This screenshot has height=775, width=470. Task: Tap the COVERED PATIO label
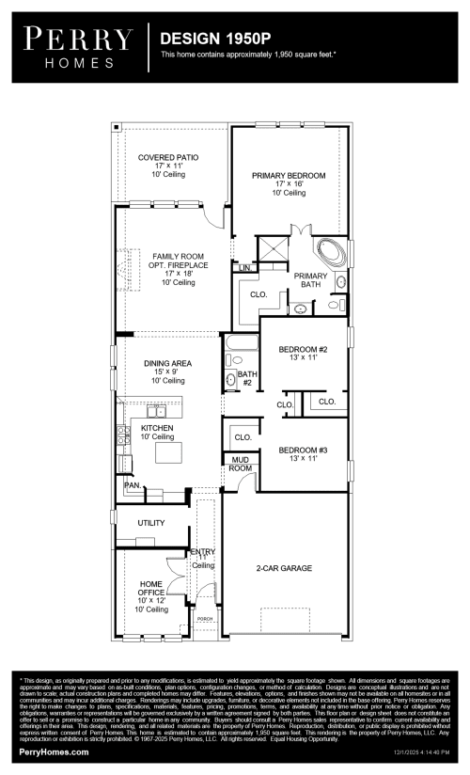click(x=165, y=157)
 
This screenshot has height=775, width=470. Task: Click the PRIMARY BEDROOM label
click(x=289, y=176)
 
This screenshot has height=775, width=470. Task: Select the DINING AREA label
click(x=167, y=363)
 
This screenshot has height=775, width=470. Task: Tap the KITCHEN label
click(x=157, y=429)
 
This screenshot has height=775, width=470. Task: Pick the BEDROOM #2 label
click(x=303, y=350)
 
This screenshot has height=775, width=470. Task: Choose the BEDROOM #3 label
click(x=303, y=451)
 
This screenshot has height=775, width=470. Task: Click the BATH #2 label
click(x=246, y=378)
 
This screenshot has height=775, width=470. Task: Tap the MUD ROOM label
click(x=241, y=464)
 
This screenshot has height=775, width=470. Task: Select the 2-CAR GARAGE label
click(x=284, y=568)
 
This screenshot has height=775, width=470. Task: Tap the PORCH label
click(x=204, y=620)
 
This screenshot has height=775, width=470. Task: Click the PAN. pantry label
click(x=132, y=485)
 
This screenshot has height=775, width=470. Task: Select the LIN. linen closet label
click(x=244, y=268)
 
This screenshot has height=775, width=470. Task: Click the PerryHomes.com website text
click(x=55, y=752)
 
